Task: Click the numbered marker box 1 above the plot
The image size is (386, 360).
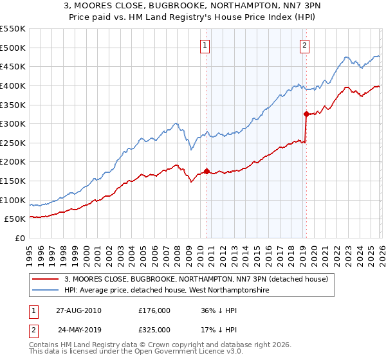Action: click(205, 45)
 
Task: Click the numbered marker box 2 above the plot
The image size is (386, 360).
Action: click(304, 45)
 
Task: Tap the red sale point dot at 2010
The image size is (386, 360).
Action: click(207, 171)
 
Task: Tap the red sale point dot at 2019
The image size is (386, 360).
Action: click(306, 114)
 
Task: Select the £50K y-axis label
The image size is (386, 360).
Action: click(15, 219)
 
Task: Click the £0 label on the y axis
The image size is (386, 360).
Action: click(19, 238)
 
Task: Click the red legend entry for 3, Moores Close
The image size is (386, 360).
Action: click(196, 279)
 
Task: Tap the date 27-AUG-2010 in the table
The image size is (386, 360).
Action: click(78, 310)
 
